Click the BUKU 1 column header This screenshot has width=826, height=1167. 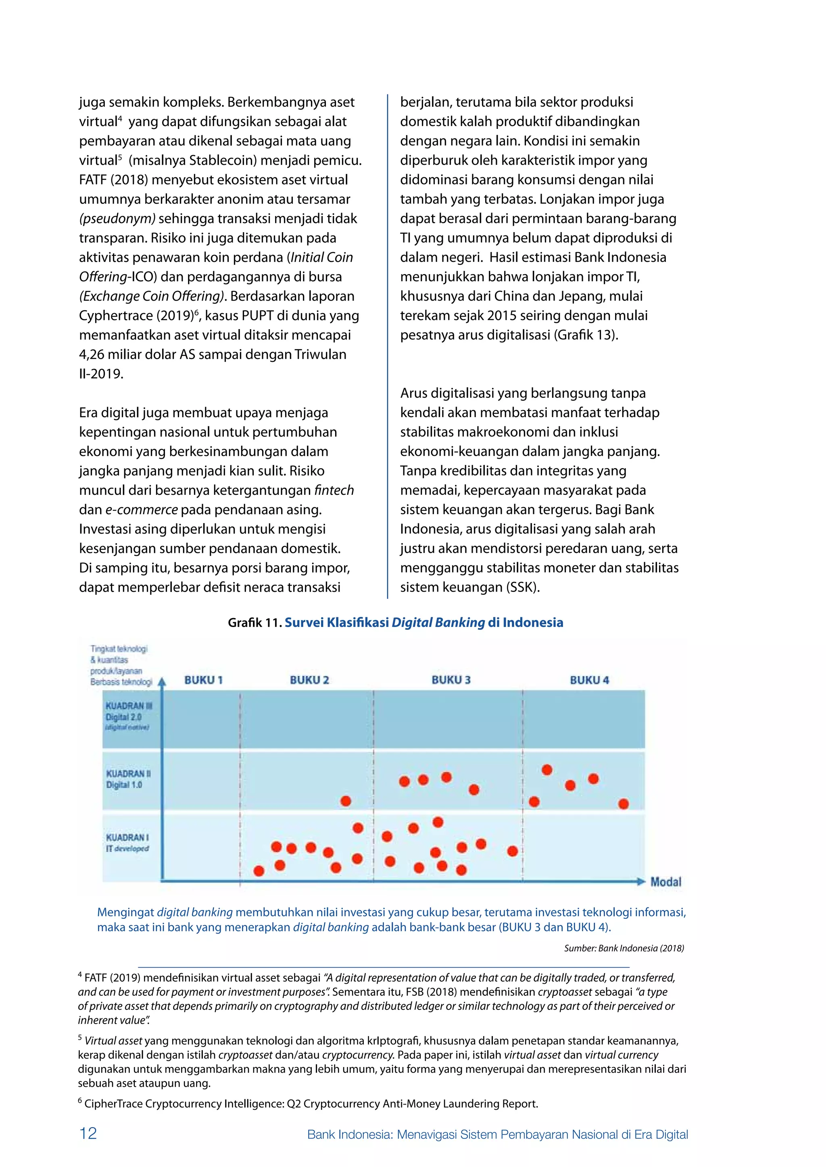pos(203,680)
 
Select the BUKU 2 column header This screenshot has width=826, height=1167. pos(309,680)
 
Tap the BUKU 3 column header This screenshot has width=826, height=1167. pos(451,680)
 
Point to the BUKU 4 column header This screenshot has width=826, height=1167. pos(590,680)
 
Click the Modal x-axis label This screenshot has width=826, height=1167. pos(666,882)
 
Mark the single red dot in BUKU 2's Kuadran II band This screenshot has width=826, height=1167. pos(346,801)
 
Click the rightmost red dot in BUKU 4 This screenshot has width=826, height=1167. pos(624,804)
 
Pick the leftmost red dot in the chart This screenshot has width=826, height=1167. pos(259,871)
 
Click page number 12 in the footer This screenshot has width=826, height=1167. pos(88,1133)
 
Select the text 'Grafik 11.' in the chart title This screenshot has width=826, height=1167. pos(254,623)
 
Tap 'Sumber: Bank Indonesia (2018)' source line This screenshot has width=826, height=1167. pos(624,948)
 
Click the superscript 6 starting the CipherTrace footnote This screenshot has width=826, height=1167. pos(80,1101)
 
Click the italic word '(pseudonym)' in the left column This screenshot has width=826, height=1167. pos(117,218)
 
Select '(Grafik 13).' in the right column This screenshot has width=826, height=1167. pos(586,335)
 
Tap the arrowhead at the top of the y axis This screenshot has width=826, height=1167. pos(162,681)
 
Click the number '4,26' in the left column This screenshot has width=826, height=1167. pos(93,354)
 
